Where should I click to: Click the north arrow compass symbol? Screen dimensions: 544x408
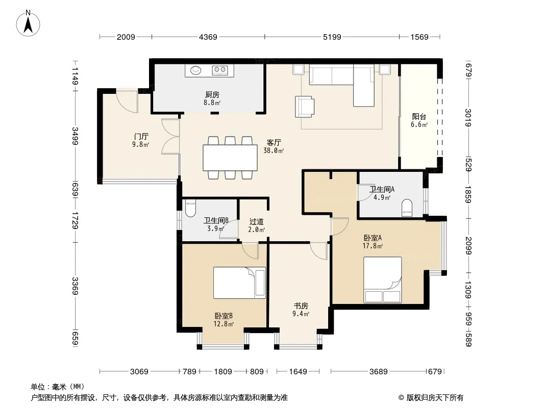coord(28,23)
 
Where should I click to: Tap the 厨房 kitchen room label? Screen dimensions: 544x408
coord(212,94)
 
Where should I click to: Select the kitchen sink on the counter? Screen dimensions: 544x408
coord(196,70)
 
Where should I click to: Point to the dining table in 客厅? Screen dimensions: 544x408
coord(230,158)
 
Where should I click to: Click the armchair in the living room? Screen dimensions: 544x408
coord(305,107)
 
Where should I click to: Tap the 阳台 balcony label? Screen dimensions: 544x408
coord(419,117)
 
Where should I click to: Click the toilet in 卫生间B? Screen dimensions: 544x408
coord(190,208)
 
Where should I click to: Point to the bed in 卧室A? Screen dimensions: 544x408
coord(382,280)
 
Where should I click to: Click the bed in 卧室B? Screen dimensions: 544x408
coord(239,283)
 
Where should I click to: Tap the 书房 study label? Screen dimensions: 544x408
coord(301,305)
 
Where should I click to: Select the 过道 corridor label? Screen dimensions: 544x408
coord(256,221)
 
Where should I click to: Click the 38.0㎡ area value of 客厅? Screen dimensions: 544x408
coord(274,150)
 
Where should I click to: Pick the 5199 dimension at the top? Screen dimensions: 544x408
coord(332,37)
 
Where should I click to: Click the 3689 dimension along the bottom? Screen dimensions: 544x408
coord(378,372)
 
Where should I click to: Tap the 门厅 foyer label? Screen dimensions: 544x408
coord(141,136)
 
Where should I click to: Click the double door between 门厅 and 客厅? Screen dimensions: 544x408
coord(170,136)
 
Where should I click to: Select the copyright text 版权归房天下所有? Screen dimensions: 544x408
coord(435,398)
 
